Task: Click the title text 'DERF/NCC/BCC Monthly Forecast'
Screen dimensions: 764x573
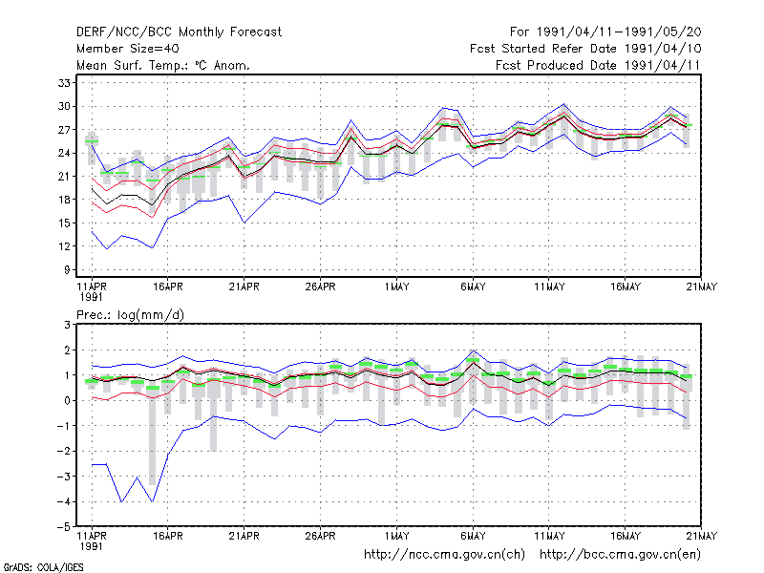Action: (179, 32)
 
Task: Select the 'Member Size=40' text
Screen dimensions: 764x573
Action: (128, 49)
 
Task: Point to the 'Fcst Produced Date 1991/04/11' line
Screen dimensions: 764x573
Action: (598, 65)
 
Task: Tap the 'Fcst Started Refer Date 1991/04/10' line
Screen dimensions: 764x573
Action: (585, 49)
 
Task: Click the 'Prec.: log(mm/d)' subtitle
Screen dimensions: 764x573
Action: (130, 315)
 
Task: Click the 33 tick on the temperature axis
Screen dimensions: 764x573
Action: (64, 83)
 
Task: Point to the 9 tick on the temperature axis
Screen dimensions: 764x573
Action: (67, 269)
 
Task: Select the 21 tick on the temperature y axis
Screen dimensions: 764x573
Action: (64, 177)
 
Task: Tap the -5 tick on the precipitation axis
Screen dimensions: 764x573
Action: (63, 527)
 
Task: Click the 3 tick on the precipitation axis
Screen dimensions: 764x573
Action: (67, 325)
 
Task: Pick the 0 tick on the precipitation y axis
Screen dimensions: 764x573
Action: (67, 400)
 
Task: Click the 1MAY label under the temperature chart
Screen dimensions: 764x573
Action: (396, 287)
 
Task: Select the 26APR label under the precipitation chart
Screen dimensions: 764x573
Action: (320, 536)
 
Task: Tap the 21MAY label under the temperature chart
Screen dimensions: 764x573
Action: (702, 287)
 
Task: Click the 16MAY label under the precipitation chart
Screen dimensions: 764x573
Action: (626, 536)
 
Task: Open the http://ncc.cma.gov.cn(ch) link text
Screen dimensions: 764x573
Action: (444, 555)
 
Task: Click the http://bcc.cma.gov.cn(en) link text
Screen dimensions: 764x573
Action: (620, 555)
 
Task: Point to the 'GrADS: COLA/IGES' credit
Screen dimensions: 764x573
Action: (43, 567)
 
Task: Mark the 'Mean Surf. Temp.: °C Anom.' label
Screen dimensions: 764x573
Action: (162, 65)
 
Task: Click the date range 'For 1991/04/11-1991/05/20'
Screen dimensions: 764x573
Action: (605, 32)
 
